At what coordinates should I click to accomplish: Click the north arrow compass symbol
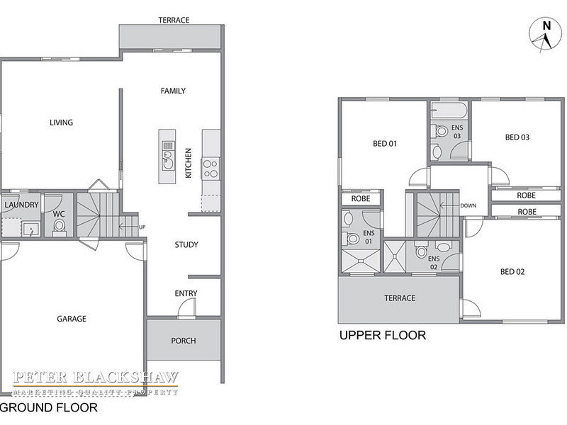545,35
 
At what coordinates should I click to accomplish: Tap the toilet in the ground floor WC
59,227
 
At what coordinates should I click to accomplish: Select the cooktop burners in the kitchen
210,169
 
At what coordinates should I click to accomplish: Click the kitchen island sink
167,161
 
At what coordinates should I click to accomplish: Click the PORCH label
184,341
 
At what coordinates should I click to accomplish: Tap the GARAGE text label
72,318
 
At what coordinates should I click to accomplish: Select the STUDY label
186,244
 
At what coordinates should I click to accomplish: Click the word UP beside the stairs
142,227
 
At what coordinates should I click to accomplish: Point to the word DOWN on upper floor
468,205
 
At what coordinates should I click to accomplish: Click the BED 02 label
512,271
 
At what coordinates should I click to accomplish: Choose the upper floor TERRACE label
400,297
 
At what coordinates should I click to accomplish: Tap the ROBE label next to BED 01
361,198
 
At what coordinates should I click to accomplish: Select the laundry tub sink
30,229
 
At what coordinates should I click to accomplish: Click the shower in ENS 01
361,261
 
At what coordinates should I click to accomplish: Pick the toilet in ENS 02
421,249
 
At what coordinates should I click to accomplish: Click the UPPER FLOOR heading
383,335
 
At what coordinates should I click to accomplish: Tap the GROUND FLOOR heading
49,407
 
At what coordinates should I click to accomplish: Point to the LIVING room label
61,123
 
